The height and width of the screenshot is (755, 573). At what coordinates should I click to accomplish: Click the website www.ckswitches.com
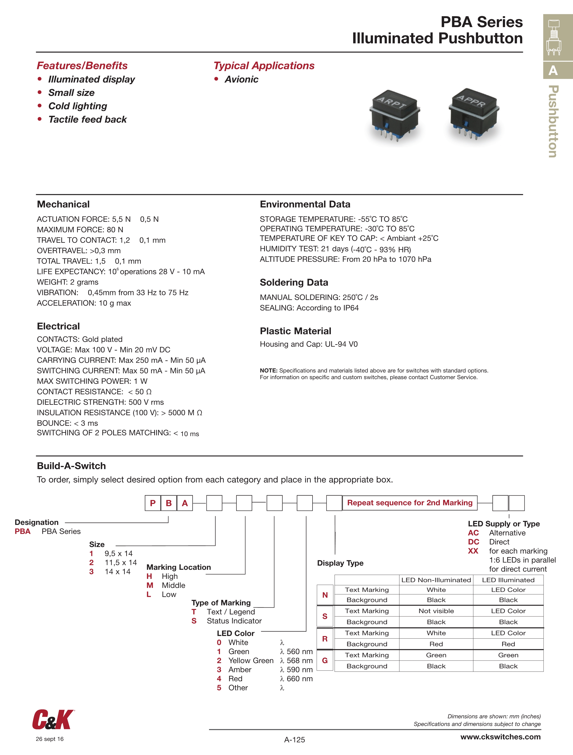[x=500, y=736]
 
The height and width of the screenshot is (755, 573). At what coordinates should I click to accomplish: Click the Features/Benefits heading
[x=82, y=66]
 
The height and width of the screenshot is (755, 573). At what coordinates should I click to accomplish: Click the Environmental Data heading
[x=305, y=204]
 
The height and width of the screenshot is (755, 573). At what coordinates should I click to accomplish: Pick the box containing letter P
[x=153, y=503]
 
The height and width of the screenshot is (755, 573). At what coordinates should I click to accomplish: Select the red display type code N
[x=325, y=595]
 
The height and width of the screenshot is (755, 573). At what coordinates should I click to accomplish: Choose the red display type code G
[x=325, y=661]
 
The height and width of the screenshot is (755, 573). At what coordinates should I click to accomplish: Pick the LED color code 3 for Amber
[x=219, y=670]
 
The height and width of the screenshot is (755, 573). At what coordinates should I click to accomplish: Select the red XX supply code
[x=473, y=551]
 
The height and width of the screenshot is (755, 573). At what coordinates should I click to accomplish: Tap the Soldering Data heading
[x=294, y=282]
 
